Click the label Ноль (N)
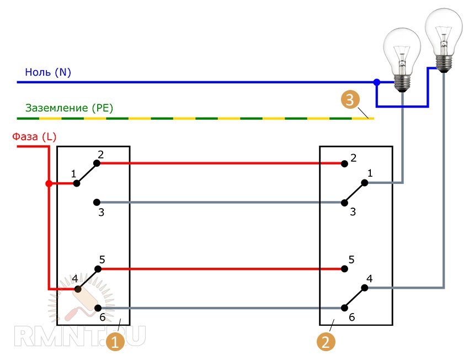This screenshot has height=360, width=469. point(48,72)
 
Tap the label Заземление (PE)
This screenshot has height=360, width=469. point(69,108)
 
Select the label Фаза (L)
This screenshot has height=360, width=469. point(34,137)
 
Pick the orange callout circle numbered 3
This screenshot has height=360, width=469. point(350,100)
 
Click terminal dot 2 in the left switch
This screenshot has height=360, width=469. point(97,163)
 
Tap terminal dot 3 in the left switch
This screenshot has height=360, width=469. point(97,202)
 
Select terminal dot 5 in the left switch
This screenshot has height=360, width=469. point(98,269)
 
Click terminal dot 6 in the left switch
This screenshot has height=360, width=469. point(98,308)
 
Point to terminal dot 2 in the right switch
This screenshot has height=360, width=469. point(344,163)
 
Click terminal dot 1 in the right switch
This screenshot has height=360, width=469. point(365,182)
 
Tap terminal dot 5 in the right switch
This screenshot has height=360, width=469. point(344,269)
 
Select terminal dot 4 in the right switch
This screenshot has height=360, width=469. point(365,288)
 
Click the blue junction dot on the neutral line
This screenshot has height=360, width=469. point(377,82)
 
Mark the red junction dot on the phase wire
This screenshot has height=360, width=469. point(49,183)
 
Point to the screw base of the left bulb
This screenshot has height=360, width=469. point(403,83)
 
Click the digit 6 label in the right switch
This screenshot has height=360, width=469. point(351,318)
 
